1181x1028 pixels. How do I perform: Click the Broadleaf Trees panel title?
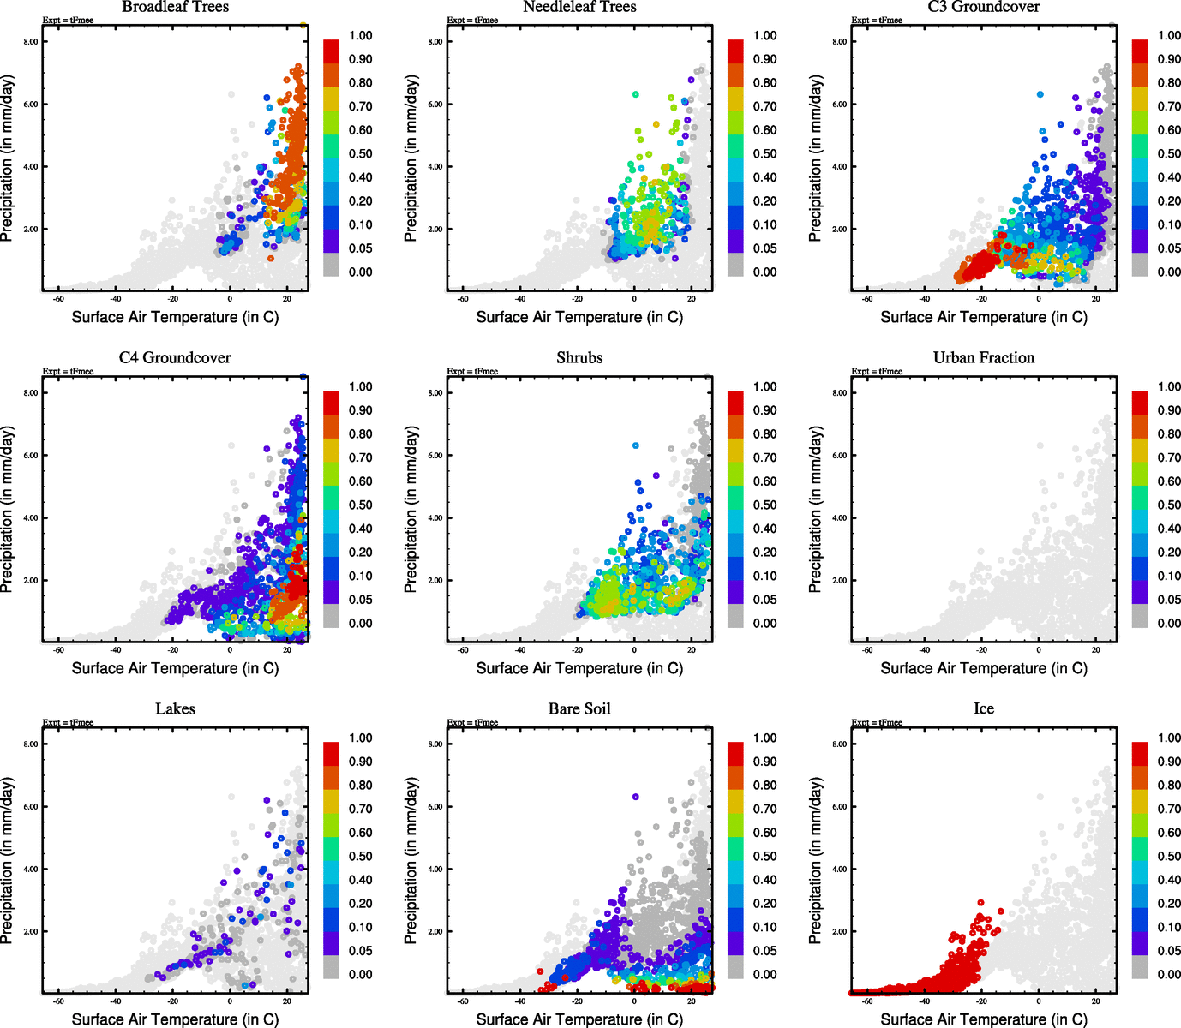tap(175, 8)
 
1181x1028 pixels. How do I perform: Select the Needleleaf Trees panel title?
tap(579, 8)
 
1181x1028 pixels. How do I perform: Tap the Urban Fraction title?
tap(983, 358)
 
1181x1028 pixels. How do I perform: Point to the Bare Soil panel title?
tap(579, 709)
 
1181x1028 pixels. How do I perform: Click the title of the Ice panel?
tap(983, 709)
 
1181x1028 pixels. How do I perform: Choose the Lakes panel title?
tap(175, 709)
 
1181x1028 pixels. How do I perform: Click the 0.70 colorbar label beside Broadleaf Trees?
tap(360, 106)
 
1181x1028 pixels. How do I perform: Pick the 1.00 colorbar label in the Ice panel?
tap(1169, 738)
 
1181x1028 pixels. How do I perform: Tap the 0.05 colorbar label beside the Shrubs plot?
tap(764, 600)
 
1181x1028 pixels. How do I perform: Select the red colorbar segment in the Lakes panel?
tap(331, 754)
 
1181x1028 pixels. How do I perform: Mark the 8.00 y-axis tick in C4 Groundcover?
tap(31, 393)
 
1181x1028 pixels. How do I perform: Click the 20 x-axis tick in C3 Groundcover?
tap(1095, 300)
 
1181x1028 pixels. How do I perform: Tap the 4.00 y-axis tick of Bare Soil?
tap(435, 870)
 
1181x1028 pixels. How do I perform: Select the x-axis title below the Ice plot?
tap(983, 1019)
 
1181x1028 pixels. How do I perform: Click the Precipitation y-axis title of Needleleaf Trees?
tap(411, 158)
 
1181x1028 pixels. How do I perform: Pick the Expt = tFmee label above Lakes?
tap(68, 723)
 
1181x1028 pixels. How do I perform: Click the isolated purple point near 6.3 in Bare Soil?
tap(635, 797)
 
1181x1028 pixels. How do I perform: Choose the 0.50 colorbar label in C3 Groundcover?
tap(1169, 154)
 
